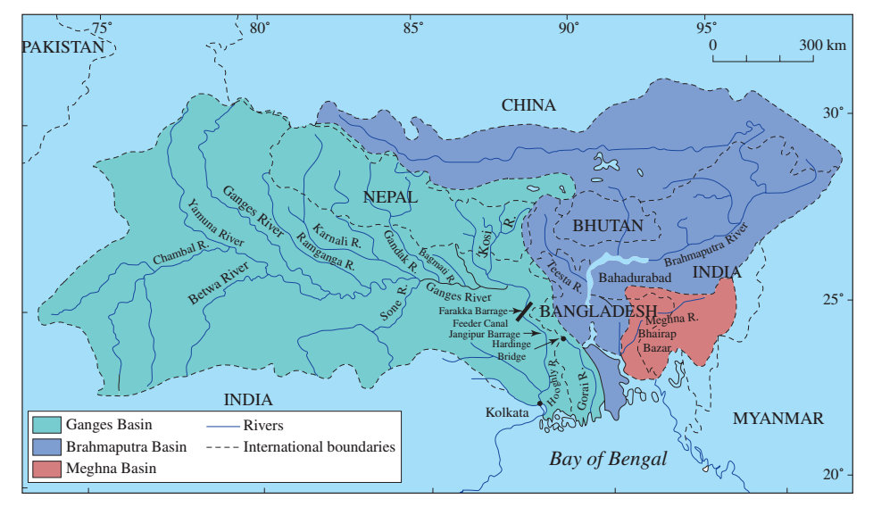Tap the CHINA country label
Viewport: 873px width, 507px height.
pyautogui.click(x=528, y=105)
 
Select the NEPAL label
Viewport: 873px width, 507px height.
pyautogui.click(x=389, y=197)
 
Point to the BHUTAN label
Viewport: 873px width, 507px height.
pyautogui.click(x=607, y=226)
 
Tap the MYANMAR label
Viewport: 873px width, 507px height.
pyautogui.click(x=778, y=419)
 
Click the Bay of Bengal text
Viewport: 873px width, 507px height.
pyautogui.click(x=608, y=460)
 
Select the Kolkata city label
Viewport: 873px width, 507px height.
pyautogui.click(x=508, y=412)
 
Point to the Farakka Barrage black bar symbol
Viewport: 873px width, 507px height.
pyautogui.click(x=525, y=312)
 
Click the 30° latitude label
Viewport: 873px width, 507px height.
pyautogui.click(x=832, y=113)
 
